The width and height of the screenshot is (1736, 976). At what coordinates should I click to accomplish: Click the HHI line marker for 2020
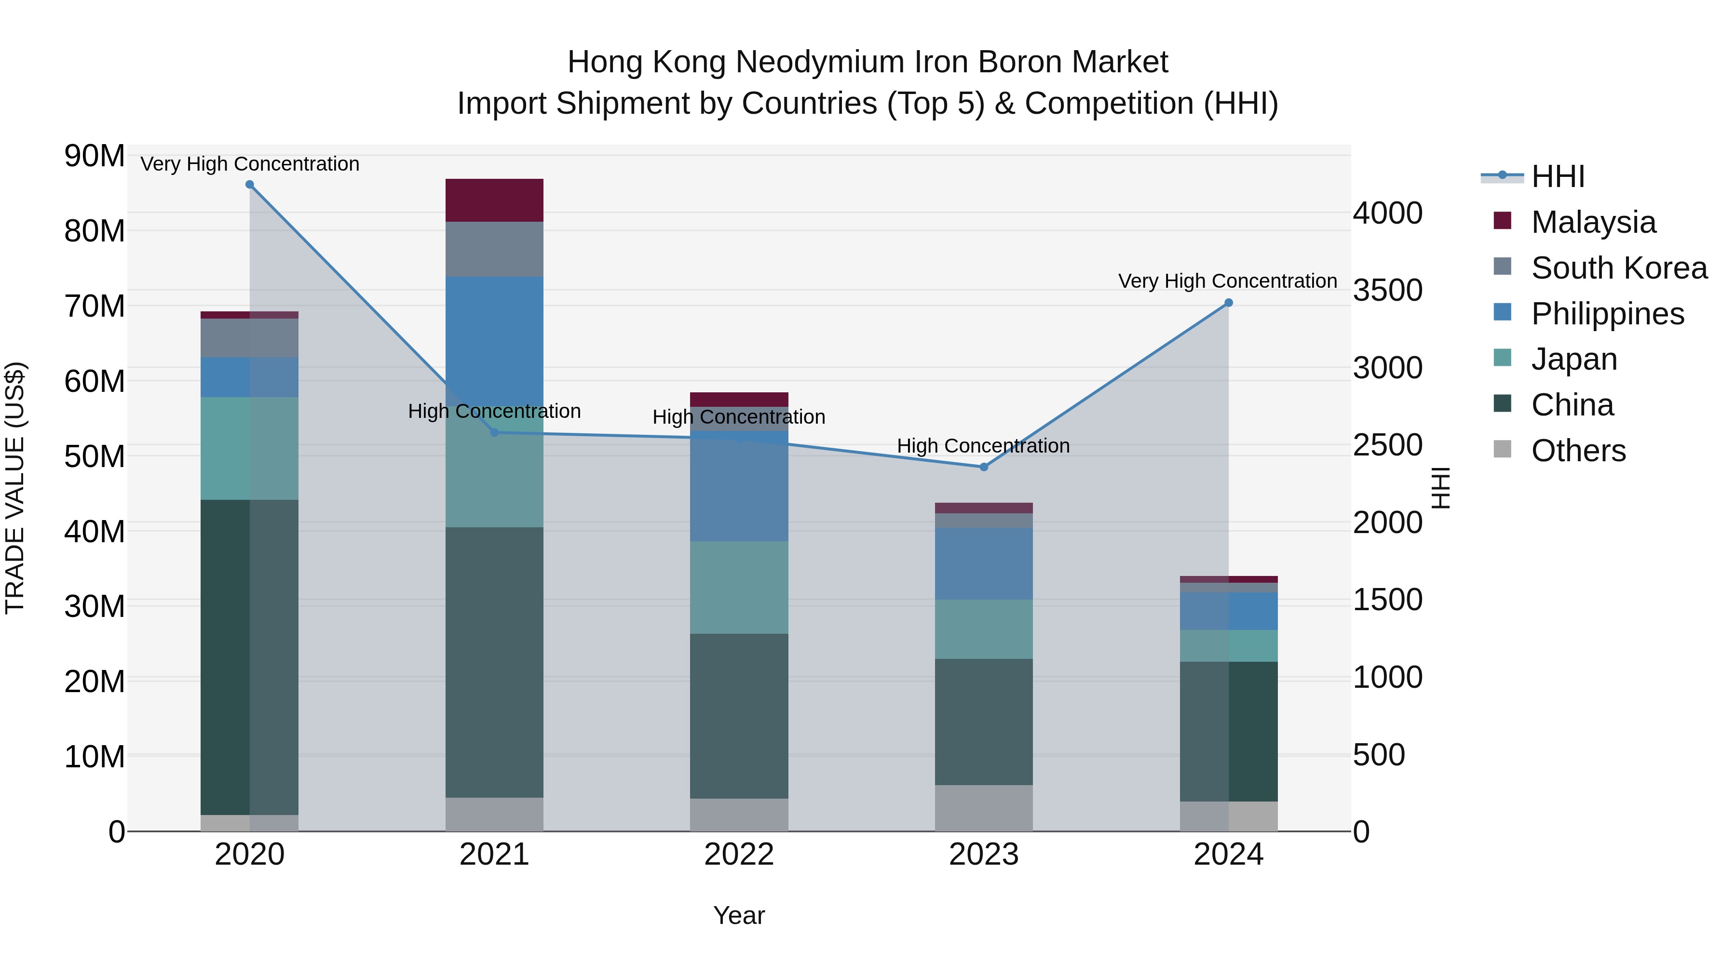pos(249,185)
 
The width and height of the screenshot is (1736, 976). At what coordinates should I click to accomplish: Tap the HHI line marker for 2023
pos(983,467)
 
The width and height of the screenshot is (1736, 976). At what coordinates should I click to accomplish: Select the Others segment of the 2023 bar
pos(983,808)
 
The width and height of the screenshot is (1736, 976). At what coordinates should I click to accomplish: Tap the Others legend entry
pos(1578,451)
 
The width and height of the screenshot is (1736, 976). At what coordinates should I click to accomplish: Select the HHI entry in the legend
pos(1558,176)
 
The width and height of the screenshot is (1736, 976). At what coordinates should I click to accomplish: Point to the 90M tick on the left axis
pos(95,156)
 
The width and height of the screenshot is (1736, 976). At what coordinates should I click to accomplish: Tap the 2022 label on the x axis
pos(739,855)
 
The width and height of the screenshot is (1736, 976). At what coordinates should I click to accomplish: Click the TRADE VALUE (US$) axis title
pos(15,488)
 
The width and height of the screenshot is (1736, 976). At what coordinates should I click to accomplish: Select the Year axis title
pos(739,915)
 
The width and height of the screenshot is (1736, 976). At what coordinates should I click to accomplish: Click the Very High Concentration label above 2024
pos(1227,281)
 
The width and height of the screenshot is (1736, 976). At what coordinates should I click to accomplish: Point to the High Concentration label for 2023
pos(983,446)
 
